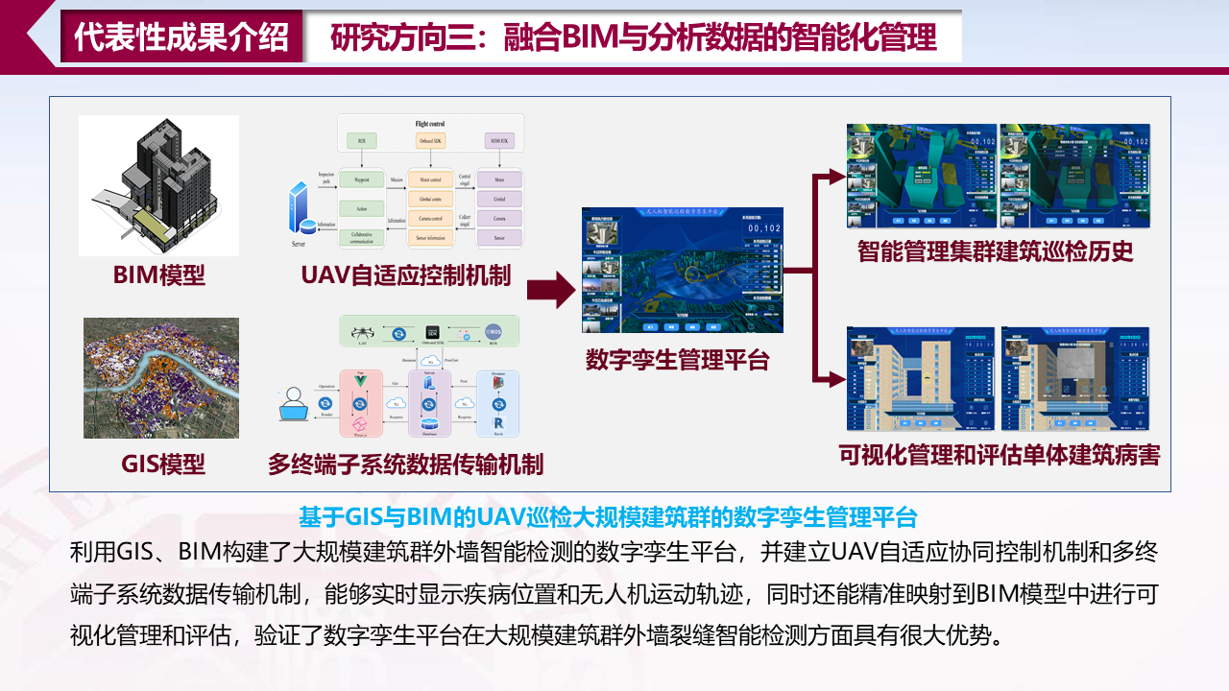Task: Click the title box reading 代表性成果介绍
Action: click(x=181, y=37)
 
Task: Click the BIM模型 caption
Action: click(x=159, y=275)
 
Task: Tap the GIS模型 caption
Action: click(x=162, y=465)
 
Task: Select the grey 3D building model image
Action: click(x=158, y=185)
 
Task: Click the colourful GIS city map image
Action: click(x=160, y=378)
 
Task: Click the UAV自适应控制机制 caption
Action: click(x=405, y=275)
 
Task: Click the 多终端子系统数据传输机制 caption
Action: click(x=405, y=465)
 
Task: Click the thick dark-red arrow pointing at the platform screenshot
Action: click(x=550, y=285)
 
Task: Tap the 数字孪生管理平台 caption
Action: click(x=678, y=360)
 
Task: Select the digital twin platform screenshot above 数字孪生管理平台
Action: click(x=682, y=271)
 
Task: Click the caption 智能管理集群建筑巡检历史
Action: click(x=996, y=251)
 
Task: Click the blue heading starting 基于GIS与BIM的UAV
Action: click(x=609, y=517)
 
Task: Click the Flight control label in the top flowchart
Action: click(x=429, y=124)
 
